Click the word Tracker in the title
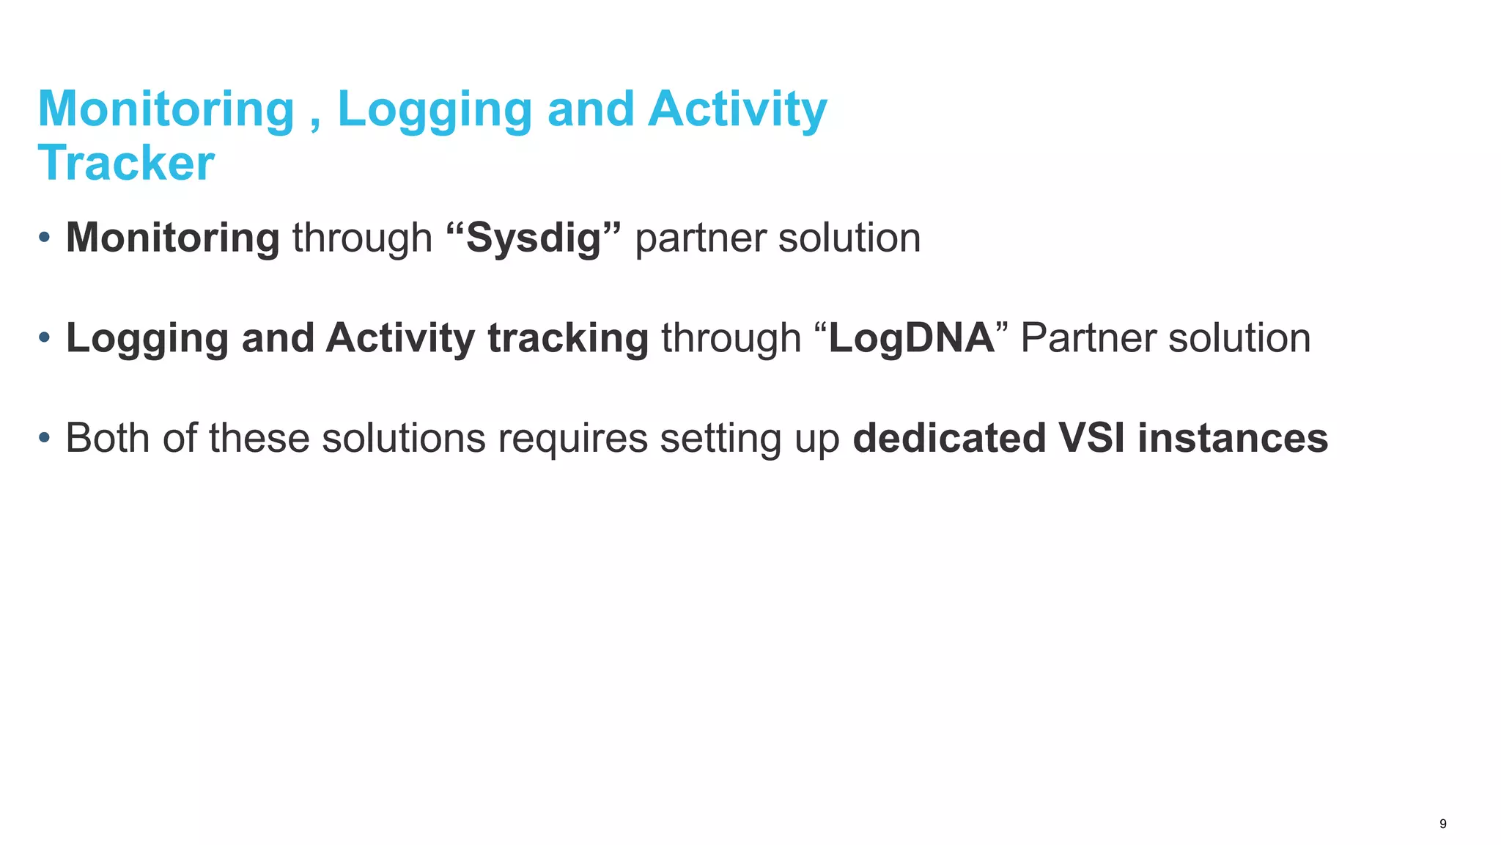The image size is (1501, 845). pos(126,162)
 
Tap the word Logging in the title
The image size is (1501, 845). pos(434,110)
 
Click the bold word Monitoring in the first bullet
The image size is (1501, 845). pos(173,238)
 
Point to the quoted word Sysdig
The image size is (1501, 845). pos(534,238)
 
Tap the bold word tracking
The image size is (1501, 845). pos(568,338)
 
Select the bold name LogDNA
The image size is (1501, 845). pos(911,338)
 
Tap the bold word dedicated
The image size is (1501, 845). pos(950,438)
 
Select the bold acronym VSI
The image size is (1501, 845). pos(1092,438)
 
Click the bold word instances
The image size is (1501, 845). pos(1233,438)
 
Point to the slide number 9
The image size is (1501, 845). pos(1443,824)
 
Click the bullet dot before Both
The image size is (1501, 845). pos(45,438)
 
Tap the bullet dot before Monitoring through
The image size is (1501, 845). pos(45,238)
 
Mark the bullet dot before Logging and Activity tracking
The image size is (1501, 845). pos(45,338)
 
